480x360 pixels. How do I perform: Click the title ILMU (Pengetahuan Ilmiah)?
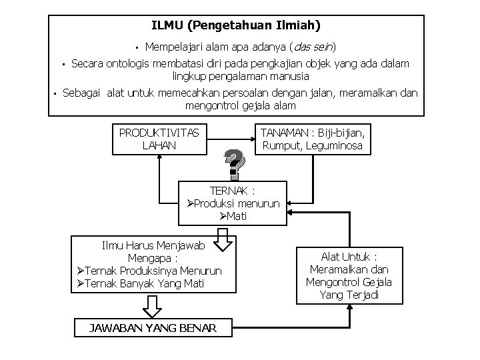pyautogui.click(x=235, y=26)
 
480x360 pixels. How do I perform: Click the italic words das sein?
pyautogui.click(x=313, y=47)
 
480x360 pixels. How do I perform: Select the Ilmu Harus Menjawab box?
pyautogui.click(x=150, y=265)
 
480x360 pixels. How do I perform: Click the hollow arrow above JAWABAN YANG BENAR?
pyautogui.click(x=153, y=305)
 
